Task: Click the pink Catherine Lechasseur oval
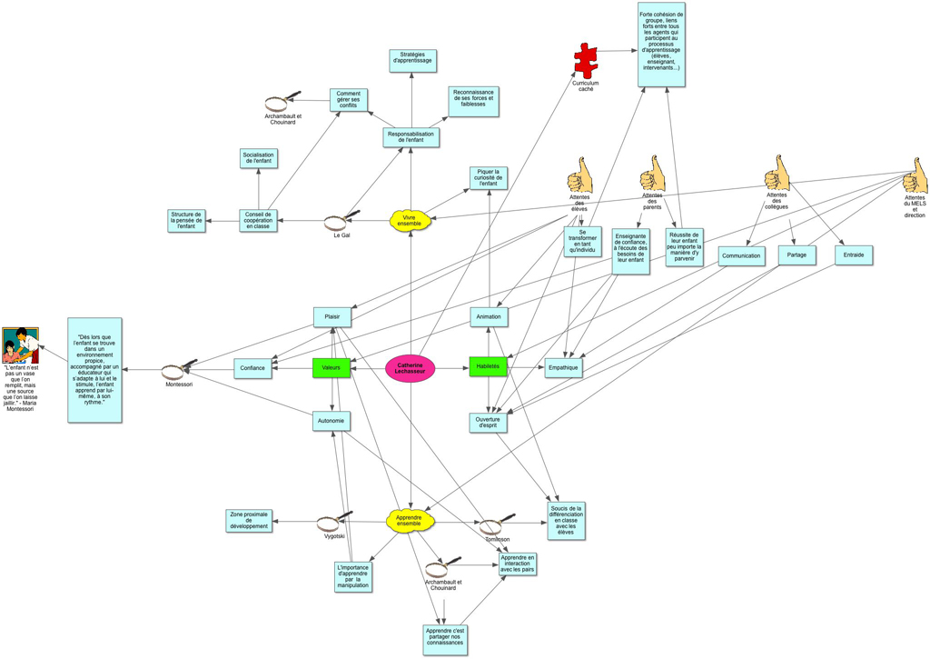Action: tap(411, 367)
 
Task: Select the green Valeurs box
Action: tap(331, 367)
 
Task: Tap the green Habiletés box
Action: tap(488, 366)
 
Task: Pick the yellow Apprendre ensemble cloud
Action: tap(411, 520)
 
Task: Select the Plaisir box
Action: tap(331, 316)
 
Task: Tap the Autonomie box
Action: tap(331, 421)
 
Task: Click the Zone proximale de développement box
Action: tap(250, 521)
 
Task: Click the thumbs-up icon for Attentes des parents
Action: tap(652, 173)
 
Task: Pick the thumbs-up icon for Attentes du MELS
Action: tap(915, 176)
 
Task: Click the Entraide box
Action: tap(854, 255)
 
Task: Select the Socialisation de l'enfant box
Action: tap(260, 158)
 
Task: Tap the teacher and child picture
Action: tap(19, 344)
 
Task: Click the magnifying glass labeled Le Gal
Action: tap(338, 221)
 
